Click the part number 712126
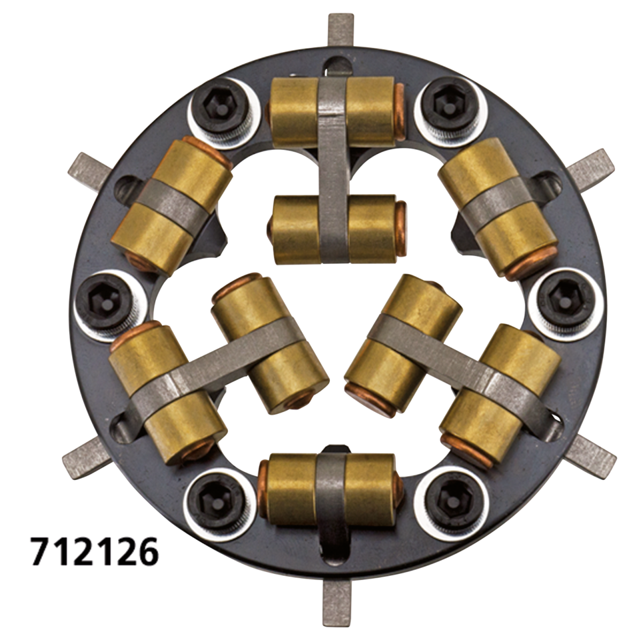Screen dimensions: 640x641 point(93,551)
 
